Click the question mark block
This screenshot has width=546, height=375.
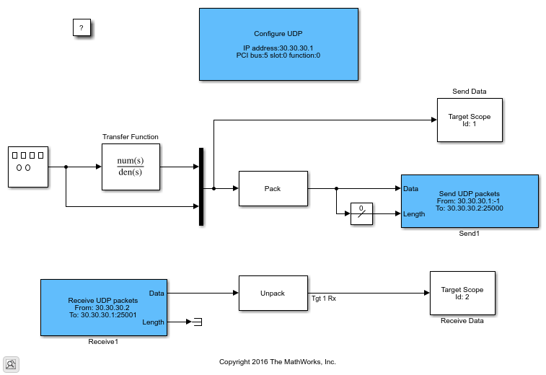tap(82, 28)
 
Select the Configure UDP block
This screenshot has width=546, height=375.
tap(278, 44)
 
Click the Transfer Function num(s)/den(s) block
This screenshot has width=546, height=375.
tap(131, 167)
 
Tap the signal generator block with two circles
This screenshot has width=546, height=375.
tap(28, 167)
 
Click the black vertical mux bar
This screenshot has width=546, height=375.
tap(201, 187)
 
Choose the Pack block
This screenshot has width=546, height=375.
tap(273, 189)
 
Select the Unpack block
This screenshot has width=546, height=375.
tap(273, 294)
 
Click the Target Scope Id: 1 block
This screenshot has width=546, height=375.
tap(470, 120)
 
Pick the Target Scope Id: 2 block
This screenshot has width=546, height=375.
tap(462, 294)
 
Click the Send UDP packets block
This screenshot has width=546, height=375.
tap(470, 201)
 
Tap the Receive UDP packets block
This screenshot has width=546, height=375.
tap(103, 307)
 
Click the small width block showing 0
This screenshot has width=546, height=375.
tap(362, 213)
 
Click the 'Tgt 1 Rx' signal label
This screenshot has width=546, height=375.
tap(324, 299)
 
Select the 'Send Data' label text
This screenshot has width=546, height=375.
tap(469, 92)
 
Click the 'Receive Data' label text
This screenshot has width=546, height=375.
tap(462, 321)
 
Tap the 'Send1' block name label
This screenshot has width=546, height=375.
tap(470, 234)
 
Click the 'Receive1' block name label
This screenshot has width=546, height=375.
tap(103, 342)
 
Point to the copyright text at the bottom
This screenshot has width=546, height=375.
tap(278, 361)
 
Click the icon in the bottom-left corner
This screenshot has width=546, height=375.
tap(12, 364)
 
